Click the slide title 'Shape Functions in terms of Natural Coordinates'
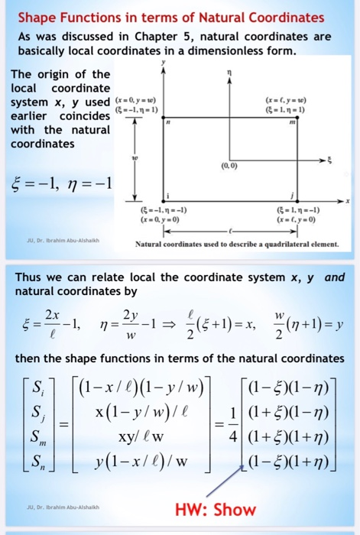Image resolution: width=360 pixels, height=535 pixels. (170, 18)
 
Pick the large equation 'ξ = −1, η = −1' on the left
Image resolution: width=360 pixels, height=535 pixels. (58, 184)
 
